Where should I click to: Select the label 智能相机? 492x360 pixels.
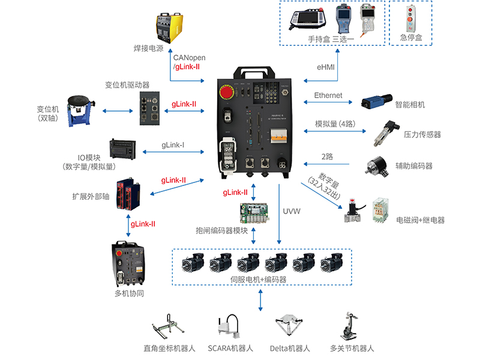coord(410,105)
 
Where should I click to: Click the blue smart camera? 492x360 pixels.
coord(377,101)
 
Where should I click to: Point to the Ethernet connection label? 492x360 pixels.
coord(328,95)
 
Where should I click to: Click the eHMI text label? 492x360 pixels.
coord(326,67)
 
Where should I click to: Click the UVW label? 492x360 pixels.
coord(292,211)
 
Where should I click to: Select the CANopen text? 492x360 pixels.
coord(190,58)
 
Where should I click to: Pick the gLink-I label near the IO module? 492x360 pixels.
coord(173,145)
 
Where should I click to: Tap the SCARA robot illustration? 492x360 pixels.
coord(230,328)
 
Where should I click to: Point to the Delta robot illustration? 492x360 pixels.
coord(290,328)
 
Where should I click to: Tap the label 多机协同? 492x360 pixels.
coord(129,293)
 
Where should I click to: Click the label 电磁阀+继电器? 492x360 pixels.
coord(421,220)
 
